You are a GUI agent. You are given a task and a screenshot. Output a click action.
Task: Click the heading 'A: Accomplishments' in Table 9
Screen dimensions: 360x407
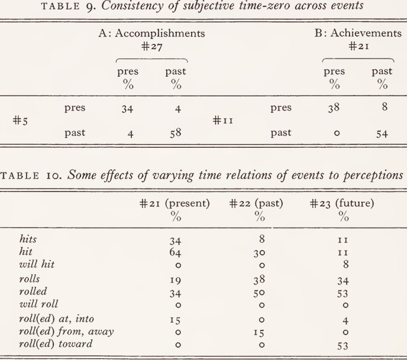point(151,34)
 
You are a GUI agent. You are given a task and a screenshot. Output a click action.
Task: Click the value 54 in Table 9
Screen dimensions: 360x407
point(381,134)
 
